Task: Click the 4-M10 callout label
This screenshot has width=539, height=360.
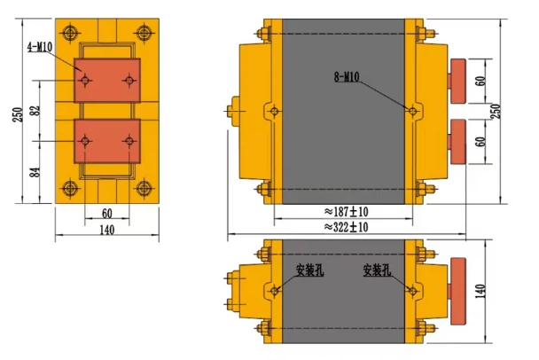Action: click(40, 44)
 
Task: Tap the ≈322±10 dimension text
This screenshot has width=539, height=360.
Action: click(346, 227)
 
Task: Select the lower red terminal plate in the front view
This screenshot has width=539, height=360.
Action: click(107, 141)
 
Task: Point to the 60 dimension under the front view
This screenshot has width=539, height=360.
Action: click(106, 215)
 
